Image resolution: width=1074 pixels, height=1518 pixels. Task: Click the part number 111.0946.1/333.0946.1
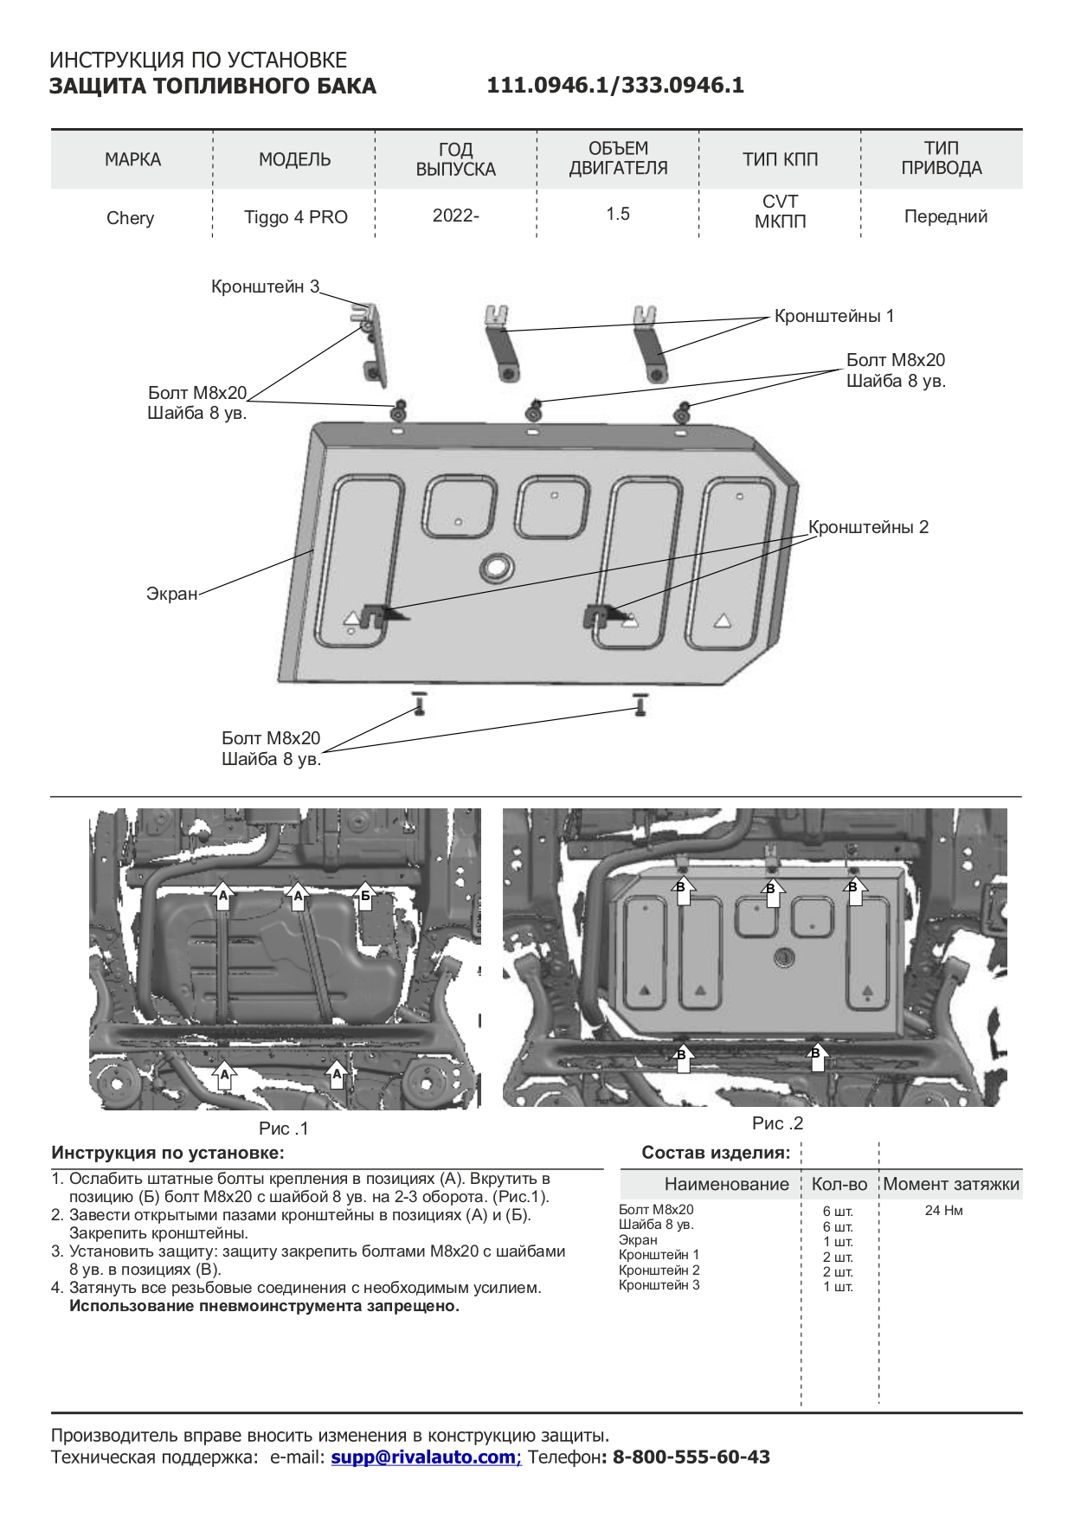click(x=614, y=86)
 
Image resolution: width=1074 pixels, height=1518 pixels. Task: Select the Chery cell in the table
click(x=130, y=217)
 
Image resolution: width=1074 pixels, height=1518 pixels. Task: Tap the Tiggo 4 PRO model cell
click(x=295, y=217)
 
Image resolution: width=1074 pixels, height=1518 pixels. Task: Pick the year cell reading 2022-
click(x=455, y=215)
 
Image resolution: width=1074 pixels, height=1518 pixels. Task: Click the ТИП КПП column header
click(x=780, y=159)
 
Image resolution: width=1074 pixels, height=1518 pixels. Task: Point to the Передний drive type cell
click(x=945, y=216)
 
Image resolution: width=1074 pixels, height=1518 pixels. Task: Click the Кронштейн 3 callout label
click(x=265, y=286)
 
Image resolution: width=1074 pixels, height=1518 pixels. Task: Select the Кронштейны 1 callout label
click(x=833, y=316)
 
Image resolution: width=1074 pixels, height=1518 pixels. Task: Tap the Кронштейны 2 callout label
click(x=868, y=527)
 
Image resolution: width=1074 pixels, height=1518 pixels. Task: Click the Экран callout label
click(x=171, y=595)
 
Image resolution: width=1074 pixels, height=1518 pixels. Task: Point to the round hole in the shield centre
click(x=497, y=566)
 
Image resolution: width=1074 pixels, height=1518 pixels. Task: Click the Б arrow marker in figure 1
click(x=365, y=896)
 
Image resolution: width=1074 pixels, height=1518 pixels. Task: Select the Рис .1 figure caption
click(x=283, y=1129)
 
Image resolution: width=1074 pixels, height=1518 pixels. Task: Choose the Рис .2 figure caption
click(x=777, y=1123)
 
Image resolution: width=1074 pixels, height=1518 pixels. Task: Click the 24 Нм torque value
click(x=943, y=1210)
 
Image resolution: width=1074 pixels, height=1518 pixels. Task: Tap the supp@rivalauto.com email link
click(x=424, y=1457)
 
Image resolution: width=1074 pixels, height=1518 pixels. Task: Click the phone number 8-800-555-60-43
click(x=691, y=1457)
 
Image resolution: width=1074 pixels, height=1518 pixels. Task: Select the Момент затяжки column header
click(x=950, y=1184)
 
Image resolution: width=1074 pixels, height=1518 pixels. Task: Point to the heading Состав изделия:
click(x=715, y=1153)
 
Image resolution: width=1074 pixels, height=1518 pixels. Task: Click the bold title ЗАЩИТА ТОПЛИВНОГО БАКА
click(x=212, y=87)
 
